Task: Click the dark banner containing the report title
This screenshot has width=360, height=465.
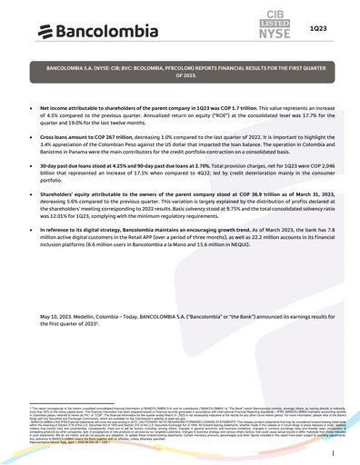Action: [179, 73]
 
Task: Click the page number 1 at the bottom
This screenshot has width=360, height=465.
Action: [334, 451]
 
